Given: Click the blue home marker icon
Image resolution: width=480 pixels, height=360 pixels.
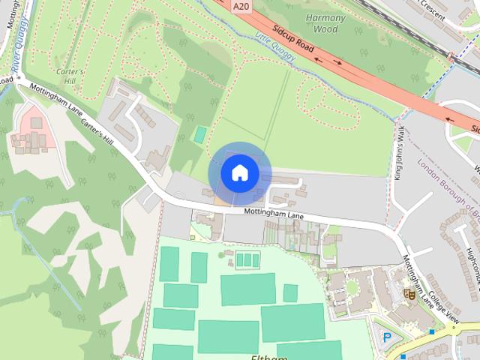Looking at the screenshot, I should tap(239, 173).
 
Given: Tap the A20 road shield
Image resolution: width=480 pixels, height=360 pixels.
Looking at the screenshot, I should tap(241, 6).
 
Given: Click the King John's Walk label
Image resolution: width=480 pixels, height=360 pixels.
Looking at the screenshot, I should tap(400, 153).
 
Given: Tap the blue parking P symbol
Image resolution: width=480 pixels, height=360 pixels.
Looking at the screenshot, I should tap(387, 337).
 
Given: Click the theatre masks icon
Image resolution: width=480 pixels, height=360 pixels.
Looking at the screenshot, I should tap(409, 293).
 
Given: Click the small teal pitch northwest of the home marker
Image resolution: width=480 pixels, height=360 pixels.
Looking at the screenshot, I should tap(200, 136).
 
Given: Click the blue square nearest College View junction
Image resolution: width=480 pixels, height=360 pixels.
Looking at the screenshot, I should tap(432, 331).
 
